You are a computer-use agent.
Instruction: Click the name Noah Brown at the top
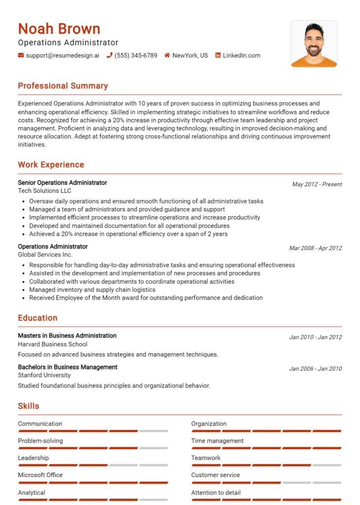[59, 29]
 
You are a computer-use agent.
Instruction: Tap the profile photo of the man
[314, 44]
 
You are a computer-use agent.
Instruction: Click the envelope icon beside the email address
[21, 55]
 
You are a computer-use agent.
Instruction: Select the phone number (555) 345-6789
[136, 55]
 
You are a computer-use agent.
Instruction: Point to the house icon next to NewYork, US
[167, 55]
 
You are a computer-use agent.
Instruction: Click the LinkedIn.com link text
[241, 55]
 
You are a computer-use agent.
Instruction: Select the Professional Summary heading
[63, 86]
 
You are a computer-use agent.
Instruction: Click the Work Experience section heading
[51, 165]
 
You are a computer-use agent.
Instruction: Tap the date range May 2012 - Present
[317, 184]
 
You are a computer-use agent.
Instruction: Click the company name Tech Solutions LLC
[44, 191]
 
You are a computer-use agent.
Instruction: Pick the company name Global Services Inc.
[45, 254]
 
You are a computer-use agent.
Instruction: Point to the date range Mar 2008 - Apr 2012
[315, 248]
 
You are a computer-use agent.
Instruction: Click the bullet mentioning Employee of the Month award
[145, 298]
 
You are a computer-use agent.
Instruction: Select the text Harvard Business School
[52, 344]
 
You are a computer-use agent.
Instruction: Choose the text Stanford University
[44, 375]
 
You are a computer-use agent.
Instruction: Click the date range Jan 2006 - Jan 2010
[315, 369]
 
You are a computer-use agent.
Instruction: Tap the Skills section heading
[29, 406]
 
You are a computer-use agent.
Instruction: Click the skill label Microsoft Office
[40, 475]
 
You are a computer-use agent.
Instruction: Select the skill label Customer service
[216, 475]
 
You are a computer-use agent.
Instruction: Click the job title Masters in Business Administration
[67, 336]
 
